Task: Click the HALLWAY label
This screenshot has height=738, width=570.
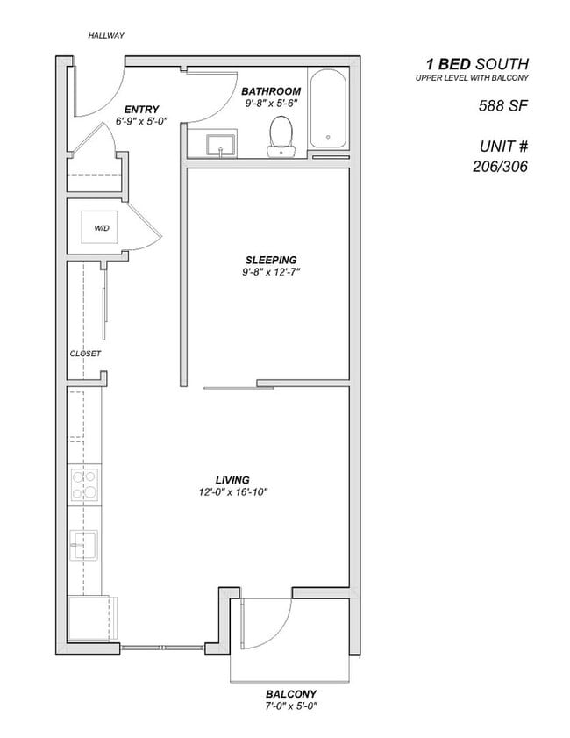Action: click(106, 36)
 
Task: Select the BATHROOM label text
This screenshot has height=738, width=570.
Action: click(271, 91)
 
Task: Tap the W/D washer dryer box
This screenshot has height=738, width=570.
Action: click(102, 227)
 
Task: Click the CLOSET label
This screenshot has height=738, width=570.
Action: click(86, 354)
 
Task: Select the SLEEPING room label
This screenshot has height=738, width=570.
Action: click(270, 260)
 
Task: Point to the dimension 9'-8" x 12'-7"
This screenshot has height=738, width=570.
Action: click(270, 272)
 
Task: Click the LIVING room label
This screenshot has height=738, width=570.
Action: click(232, 480)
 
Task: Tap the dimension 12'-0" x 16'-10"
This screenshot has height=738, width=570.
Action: click(232, 492)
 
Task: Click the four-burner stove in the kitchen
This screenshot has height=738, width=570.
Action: click(84, 485)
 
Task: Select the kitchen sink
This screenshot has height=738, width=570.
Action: click(84, 544)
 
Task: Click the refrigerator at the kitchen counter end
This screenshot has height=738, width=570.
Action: click(89, 620)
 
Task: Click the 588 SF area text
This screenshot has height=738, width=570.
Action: click(496, 107)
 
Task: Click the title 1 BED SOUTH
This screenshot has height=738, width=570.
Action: click(477, 64)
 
